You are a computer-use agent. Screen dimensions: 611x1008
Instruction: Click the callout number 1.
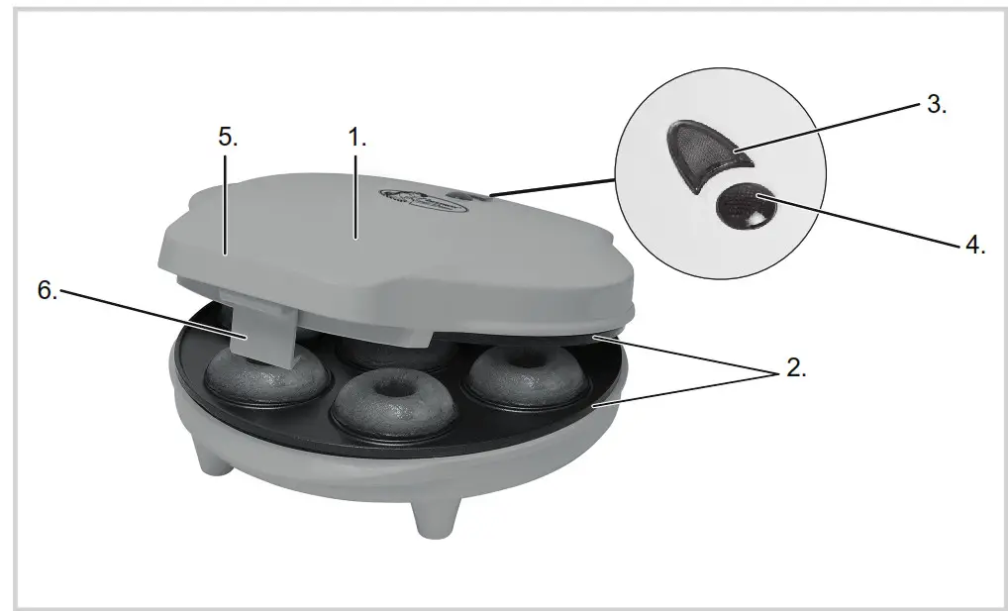pyautogui.click(x=356, y=138)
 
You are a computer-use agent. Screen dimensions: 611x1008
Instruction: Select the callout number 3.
pyautogui.click(x=936, y=104)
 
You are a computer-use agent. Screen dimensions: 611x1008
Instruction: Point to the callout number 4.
pyautogui.click(x=974, y=245)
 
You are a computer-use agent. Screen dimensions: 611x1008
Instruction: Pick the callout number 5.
pyautogui.click(x=228, y=138)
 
